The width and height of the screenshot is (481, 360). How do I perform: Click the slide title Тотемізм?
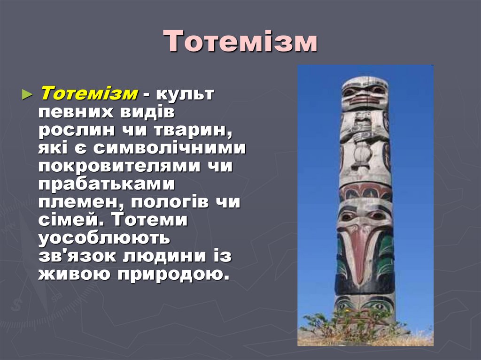(240, 42)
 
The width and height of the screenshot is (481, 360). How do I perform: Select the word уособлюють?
(104, 238)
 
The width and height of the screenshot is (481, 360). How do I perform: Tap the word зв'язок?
(78, 256)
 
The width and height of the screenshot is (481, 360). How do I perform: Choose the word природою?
(183, 274)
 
